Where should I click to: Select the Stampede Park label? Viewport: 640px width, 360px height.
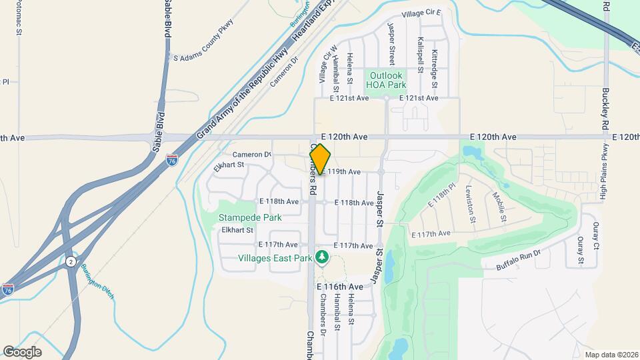(250, 217)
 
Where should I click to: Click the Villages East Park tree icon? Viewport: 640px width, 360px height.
(323, 257)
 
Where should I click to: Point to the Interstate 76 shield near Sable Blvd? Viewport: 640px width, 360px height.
(172, 161)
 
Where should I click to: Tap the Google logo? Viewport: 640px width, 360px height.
(22, 351)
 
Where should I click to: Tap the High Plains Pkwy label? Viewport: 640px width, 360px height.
(603, 171)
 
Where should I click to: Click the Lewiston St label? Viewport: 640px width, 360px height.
(471, 203)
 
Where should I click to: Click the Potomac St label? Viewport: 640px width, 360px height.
(19, 17)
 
